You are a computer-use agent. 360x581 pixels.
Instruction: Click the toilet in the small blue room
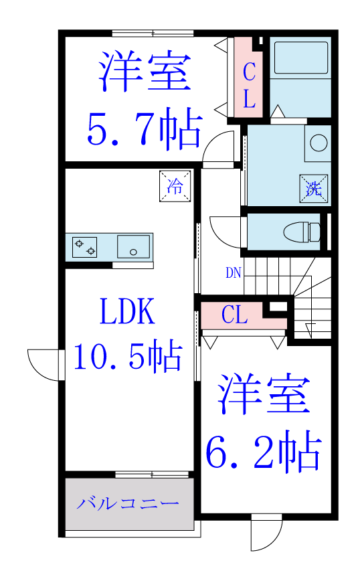(x=302, y=232)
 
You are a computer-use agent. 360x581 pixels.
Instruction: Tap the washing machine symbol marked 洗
(x=314, y=189)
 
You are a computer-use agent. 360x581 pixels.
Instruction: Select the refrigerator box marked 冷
(x=175, y=186)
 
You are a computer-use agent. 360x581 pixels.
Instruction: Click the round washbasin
(x=319, y=143)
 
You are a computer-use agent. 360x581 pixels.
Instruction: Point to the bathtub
(x=300, y=58)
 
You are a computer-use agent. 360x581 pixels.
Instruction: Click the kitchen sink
(x=134, y=246)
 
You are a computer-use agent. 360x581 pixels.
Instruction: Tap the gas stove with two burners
(x=84, y=247)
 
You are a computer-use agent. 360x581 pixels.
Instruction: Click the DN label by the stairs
(x=234, y=273)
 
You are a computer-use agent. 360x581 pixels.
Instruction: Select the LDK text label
(x=127, y=311)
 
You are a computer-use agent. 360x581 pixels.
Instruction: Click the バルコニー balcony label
(x=128, y=503)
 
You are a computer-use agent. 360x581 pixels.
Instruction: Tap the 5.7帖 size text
(x=145, y=129)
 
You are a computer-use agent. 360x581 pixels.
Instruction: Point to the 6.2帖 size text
(x=264, y=451)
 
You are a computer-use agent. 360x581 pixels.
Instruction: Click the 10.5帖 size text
(x=128, y=357)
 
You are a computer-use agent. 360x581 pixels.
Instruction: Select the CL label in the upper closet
(x=250, y=85)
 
